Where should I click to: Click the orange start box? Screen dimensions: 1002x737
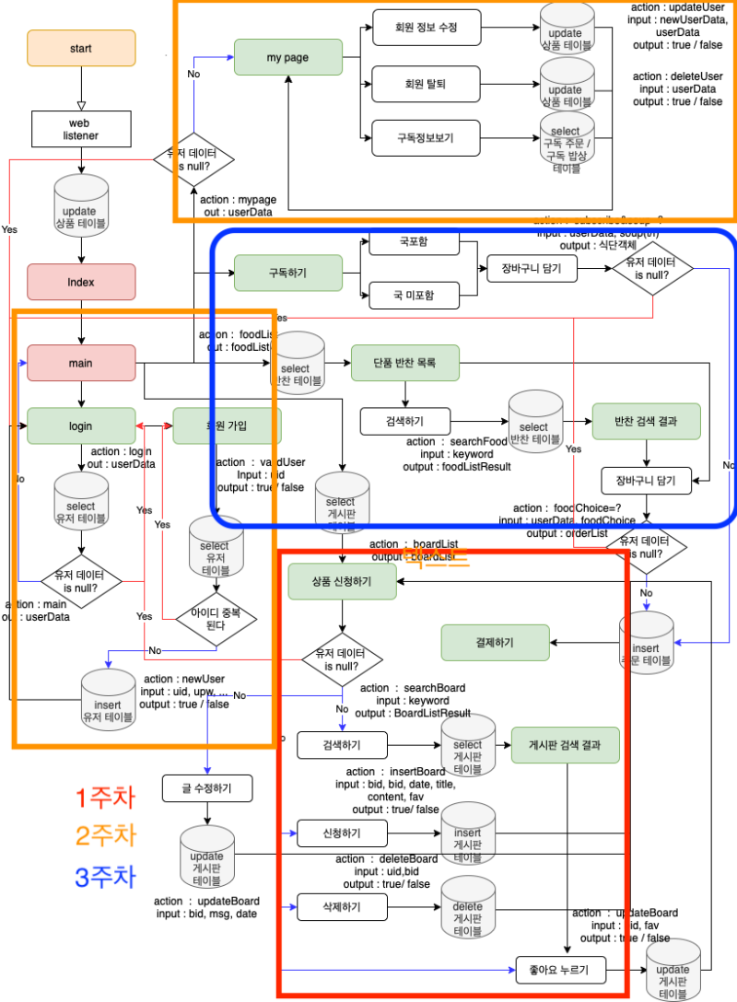coord(81,47)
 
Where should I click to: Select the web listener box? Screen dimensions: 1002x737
coord(81,129)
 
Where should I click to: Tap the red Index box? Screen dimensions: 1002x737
coord(81,282)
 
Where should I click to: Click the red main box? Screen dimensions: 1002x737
coord(81,363)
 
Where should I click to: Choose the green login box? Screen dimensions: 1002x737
coord(81,425)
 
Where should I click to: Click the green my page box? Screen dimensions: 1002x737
coord(287,57)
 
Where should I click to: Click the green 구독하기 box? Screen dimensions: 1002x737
coord(287,273)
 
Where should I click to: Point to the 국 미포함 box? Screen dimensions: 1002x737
coord(415,296)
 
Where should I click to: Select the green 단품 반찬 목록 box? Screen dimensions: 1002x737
coord(405,363)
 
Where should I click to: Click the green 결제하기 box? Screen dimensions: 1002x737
coord(496,642)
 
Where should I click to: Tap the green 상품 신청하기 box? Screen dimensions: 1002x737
coord(343,577)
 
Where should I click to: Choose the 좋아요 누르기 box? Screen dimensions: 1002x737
coord(559,970)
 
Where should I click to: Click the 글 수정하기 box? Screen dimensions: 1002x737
coord(207,788)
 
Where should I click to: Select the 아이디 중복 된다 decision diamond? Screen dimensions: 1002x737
coord(216,618)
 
